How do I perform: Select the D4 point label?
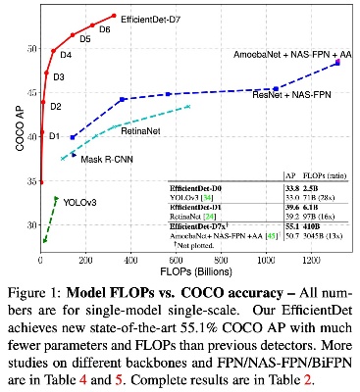66,55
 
